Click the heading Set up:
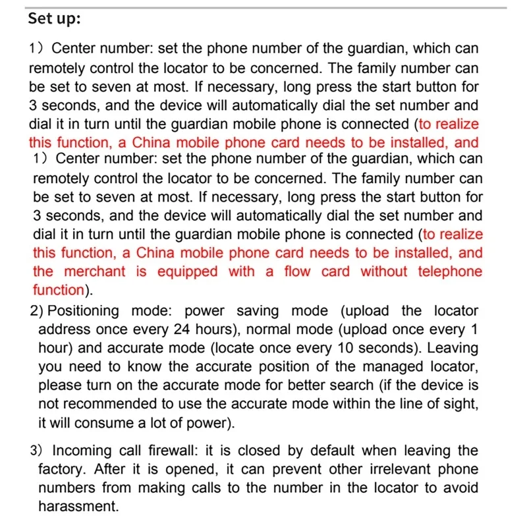point(55,18)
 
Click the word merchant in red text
point(98,271)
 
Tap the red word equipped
point(189,271)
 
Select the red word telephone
point(450,271)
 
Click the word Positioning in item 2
point(84,311)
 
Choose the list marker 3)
point(38,451)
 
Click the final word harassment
point(78,507)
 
